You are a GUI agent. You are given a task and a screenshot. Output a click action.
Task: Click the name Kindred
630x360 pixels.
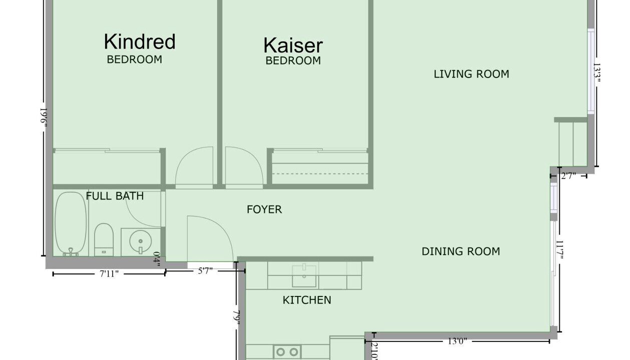(140, 41)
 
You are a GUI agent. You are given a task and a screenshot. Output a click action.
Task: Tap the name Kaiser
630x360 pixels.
(293, 45)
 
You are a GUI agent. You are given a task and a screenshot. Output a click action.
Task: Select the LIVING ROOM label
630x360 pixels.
(471, 74)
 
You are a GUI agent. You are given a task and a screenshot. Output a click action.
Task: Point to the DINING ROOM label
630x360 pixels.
(461, 251)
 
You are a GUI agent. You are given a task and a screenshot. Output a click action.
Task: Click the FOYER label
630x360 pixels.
(264, 209)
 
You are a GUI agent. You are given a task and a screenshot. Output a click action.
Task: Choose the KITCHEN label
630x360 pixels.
(307, 300)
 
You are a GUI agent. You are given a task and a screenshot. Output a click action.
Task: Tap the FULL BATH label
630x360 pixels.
(115, 196)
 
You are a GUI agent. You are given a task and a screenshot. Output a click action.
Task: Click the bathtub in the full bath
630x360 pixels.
(71, 223)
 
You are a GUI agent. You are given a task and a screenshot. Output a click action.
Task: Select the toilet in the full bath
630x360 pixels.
(104, 239)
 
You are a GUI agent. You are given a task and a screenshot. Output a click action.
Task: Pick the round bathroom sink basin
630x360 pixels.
(140, 241)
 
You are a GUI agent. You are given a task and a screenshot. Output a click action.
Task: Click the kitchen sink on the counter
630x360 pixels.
(304, 276)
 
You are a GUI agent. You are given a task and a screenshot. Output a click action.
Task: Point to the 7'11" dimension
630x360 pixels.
(109, 273)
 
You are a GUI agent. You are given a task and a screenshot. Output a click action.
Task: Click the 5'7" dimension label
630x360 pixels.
(205, 271)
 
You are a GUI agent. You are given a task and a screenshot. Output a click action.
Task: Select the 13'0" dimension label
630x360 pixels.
(457, 341)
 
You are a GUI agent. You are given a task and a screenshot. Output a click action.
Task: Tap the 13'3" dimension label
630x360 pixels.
(597, 72)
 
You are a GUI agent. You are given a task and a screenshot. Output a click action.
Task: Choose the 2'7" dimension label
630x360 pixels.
(568, 176)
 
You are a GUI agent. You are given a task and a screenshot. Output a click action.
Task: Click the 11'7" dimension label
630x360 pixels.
(559, 250)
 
